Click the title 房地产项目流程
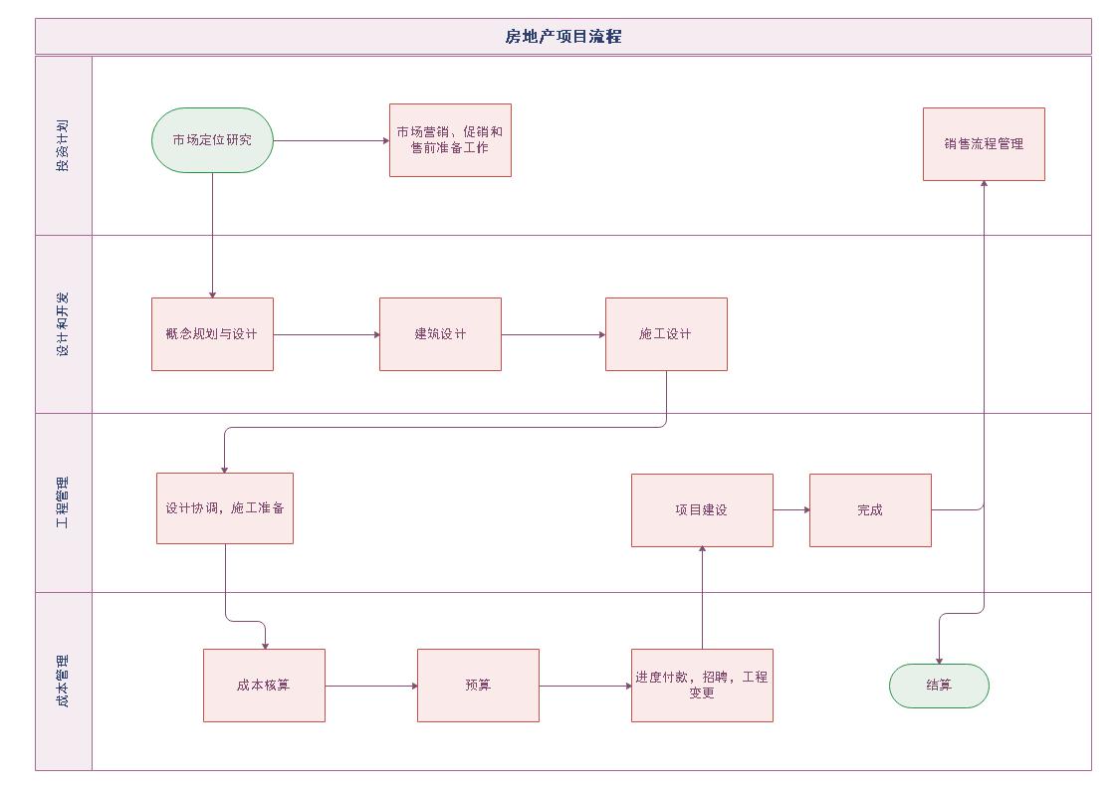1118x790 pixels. coord(563,37)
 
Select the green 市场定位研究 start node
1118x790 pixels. coord(212,140)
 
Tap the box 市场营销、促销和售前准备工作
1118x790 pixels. coord(450,140)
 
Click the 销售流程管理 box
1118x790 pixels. coord(984,144)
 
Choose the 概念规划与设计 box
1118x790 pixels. coord(212,334)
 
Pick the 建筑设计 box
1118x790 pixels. coord(440,334)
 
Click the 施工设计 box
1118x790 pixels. coord(666,334)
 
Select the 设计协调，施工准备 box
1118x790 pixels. coord(225,508)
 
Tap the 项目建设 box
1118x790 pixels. coord(702,510)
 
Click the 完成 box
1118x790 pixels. coord(870,510)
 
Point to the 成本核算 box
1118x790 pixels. coord(264,686)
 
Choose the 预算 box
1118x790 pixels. coord(478,686)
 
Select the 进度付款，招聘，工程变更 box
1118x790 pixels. coord(702,686)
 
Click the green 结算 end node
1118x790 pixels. coord(939,686)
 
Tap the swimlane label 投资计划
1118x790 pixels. coord(63,146)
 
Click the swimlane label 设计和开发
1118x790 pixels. coord(63,324)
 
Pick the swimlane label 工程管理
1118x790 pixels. coord(63,502)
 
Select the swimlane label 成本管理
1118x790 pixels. coord(63,682)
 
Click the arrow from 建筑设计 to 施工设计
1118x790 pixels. coord(554,334)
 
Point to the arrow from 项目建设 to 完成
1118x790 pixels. coord(791,510)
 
